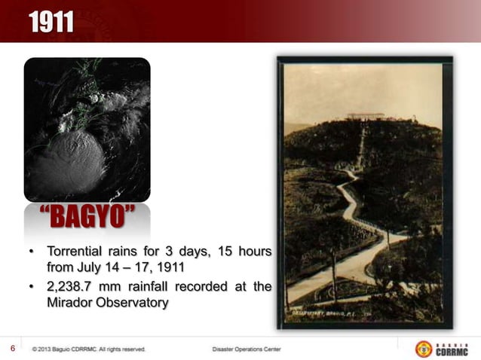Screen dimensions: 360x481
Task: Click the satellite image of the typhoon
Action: [87, 130]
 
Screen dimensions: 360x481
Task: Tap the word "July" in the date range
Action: [91, 267]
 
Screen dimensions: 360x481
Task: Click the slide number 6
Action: [13, 348]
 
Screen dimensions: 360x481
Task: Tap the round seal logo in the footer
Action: [424, 349]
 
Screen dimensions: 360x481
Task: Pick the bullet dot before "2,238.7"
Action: [31, 287]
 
